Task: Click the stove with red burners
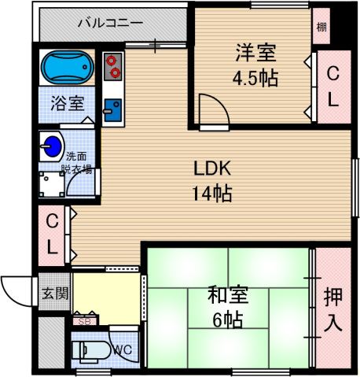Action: click(112, 66)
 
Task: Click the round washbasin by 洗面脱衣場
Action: click(53, 146)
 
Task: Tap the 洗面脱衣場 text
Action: click(77, 163)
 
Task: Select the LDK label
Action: click(212, 169)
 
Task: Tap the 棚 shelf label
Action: click(321, 28)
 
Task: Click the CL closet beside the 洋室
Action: click(333, 87)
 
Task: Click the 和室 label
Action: click(228, 296)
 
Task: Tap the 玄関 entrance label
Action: click(54, 294)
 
